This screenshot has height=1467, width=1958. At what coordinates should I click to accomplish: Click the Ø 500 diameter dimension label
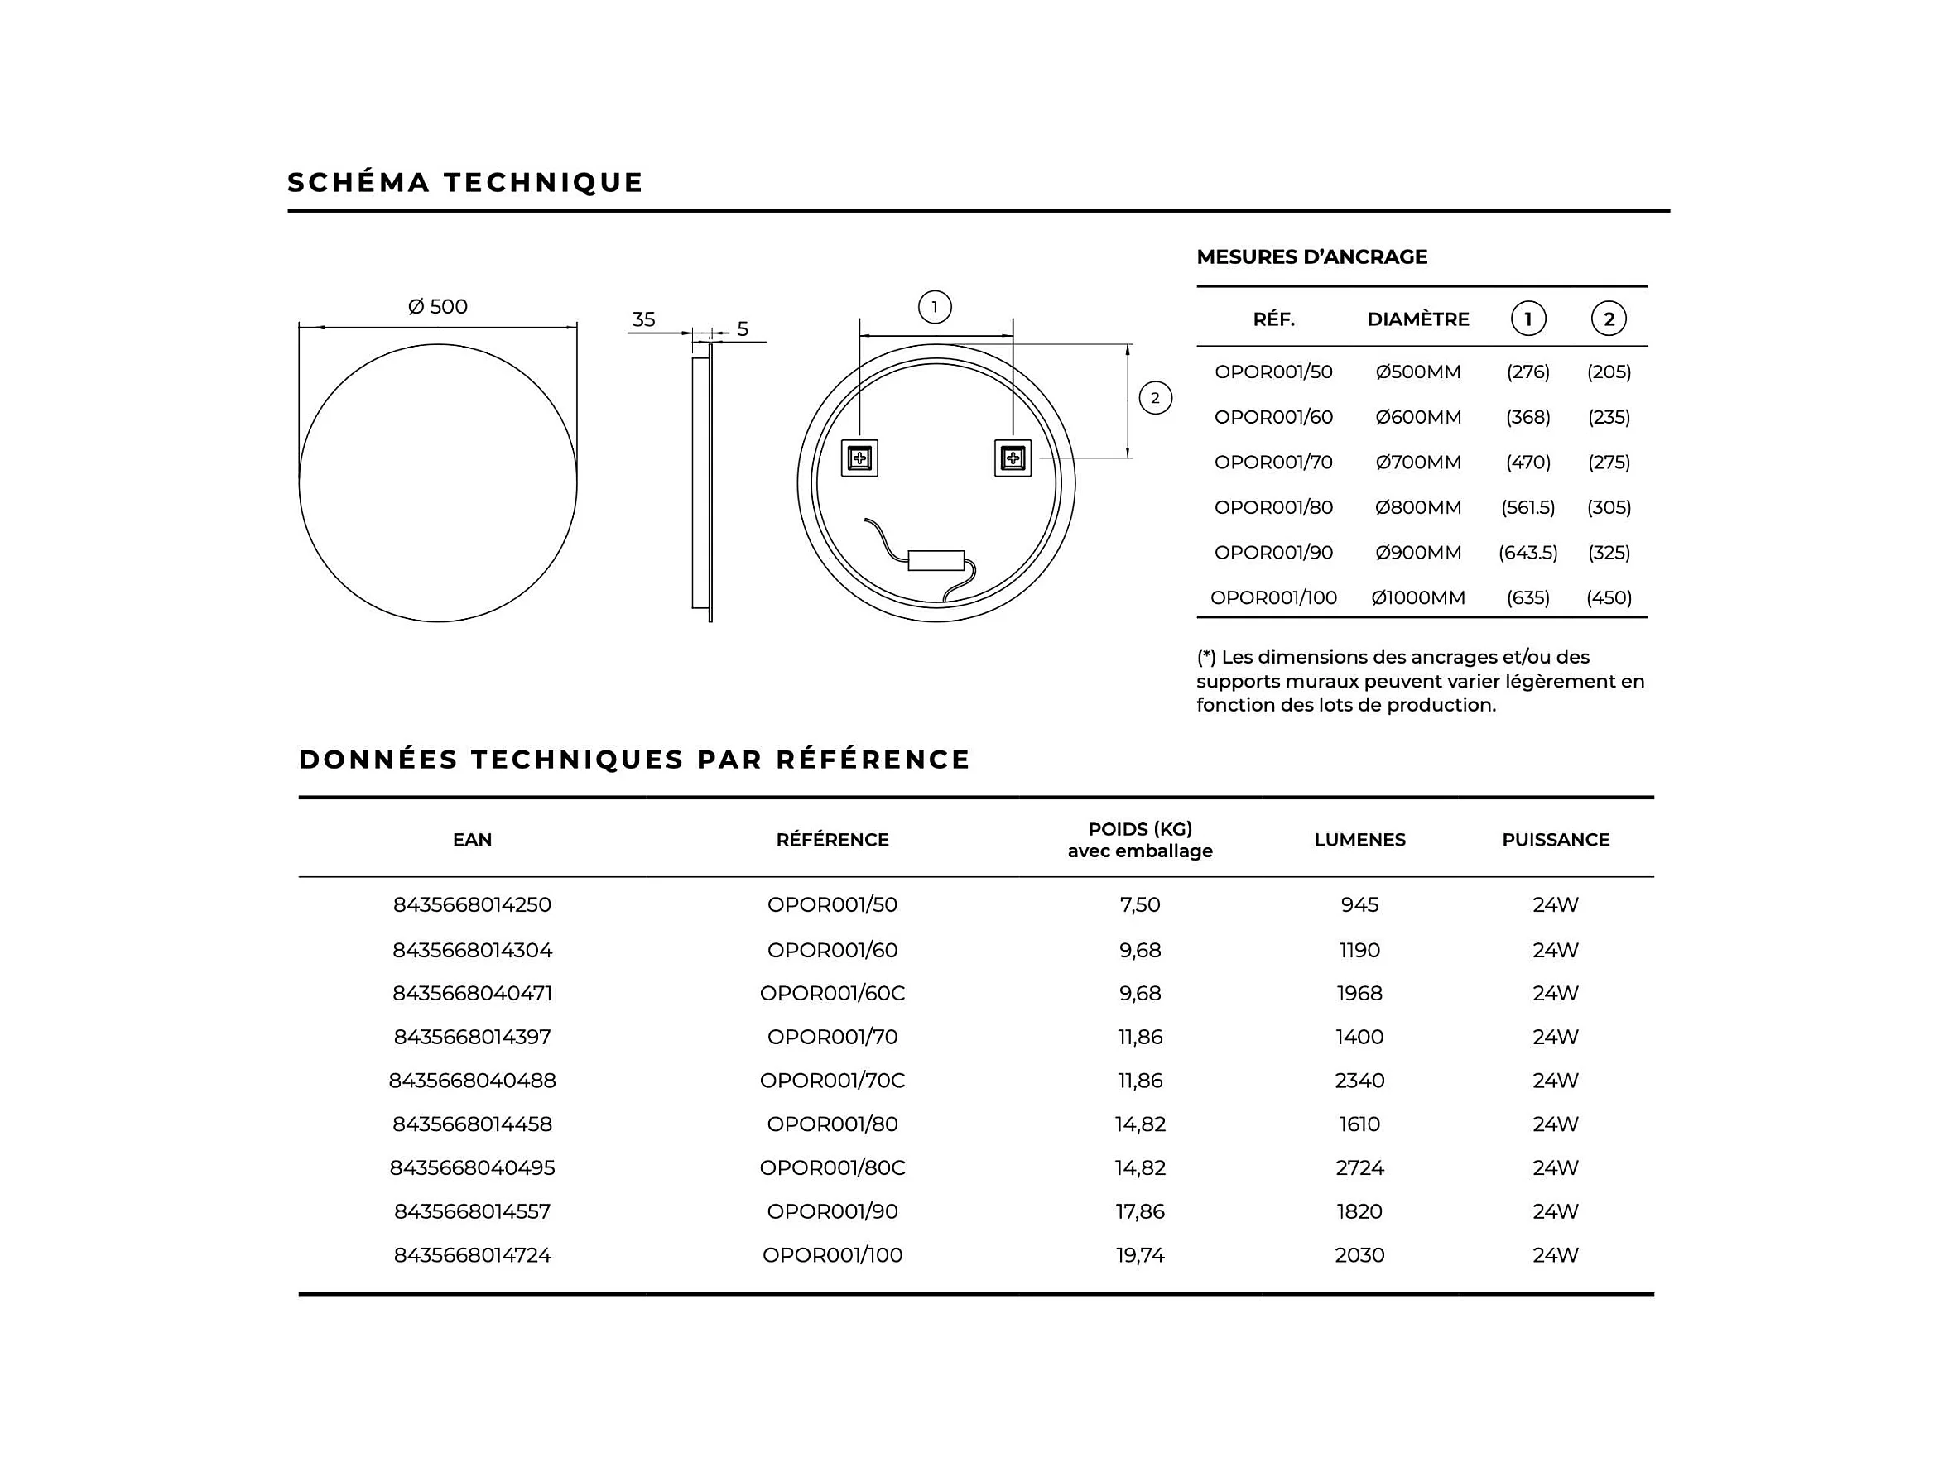tap(437, 307)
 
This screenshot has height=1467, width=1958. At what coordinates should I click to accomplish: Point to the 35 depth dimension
tap(643, 319)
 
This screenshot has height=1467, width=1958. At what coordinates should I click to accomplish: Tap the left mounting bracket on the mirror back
tap(859, 458)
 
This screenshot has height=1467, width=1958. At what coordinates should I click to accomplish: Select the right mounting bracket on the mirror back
tap(1013, 458)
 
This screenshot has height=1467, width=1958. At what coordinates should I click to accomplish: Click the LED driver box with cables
tap(936, 560)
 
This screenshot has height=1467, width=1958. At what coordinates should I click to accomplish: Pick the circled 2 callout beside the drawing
tap(1155, 398)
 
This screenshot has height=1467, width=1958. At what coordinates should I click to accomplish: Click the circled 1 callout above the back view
tap(935, 308)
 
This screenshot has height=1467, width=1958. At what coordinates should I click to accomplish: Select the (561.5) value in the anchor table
tap(1527, 508)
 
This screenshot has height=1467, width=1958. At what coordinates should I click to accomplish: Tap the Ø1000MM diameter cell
tap(1418, 598)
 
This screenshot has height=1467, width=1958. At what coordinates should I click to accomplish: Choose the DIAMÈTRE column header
tap(1418, 319)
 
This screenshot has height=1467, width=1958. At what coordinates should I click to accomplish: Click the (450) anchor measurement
tap(1609, 598)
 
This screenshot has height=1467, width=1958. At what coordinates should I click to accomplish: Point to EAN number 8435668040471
tap(472, 994)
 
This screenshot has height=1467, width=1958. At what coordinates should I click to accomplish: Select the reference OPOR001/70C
tap(832, 1081)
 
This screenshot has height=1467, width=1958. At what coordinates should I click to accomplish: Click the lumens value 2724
tap(1359, 1168)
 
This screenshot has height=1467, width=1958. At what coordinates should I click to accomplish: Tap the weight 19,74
tap(1140, 1255)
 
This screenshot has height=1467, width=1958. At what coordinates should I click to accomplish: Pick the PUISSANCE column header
tap(1556, 840)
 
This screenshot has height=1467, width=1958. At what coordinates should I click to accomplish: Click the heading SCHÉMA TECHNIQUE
tap(465, 182)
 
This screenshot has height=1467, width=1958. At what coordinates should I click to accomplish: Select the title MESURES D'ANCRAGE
tap(1312, 257)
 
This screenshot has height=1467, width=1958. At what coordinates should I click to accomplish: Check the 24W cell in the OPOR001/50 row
tap(1556, 905)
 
